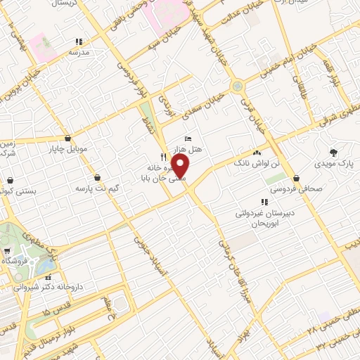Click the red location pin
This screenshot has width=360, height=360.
point(181,167)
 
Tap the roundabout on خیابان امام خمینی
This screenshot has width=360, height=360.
point(238,86)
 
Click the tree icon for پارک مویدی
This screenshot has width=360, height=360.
point(333,152)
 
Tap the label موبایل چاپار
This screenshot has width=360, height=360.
point(65,148)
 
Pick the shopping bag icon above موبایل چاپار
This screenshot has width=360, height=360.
point(67,138)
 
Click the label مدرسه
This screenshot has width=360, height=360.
point(78,53)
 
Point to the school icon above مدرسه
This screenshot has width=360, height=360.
point(79,41)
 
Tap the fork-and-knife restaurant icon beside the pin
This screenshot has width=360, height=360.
point(164,157)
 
